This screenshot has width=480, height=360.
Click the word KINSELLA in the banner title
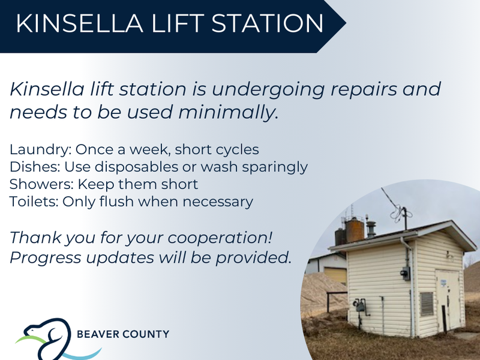[x=80, y=23]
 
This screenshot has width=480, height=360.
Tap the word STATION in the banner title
[x=267, y=23]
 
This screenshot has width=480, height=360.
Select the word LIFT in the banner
[x=178, y=23]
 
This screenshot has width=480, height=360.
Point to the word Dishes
[x=35, y=167]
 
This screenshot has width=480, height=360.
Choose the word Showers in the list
[x=41, y=184]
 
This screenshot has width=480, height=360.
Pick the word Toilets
[x=34, y=202]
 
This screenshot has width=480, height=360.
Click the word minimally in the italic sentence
[x=228, y=112]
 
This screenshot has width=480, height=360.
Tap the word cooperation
[x=220, y=238]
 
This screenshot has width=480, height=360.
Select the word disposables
[x=137, y=167]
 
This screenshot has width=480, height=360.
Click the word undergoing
[x=268, y=89]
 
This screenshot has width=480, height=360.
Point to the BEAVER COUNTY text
[x=123, y=334]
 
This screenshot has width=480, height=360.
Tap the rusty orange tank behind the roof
[x=355, y=230]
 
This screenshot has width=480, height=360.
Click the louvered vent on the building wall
[x=427, y=304]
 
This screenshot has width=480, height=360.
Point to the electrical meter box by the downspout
[x=406, y=274]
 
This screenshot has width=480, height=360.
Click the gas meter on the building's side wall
[x=359, y=305]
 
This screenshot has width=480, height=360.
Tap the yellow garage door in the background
[x=336, y=275]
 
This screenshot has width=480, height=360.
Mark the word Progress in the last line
[x=46, y=258]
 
